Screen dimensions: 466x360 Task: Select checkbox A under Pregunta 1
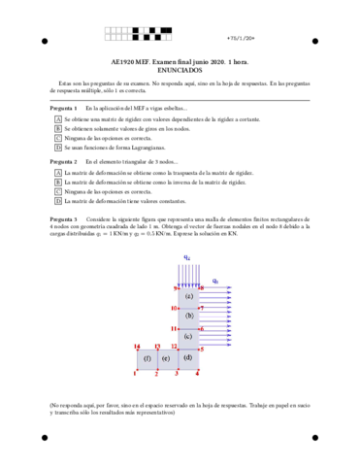click(58, 118)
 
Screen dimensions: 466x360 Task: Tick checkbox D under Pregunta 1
click(58, 148)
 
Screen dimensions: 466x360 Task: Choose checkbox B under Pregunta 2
click(58, 182)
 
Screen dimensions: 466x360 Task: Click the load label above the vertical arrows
click(186, 257)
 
